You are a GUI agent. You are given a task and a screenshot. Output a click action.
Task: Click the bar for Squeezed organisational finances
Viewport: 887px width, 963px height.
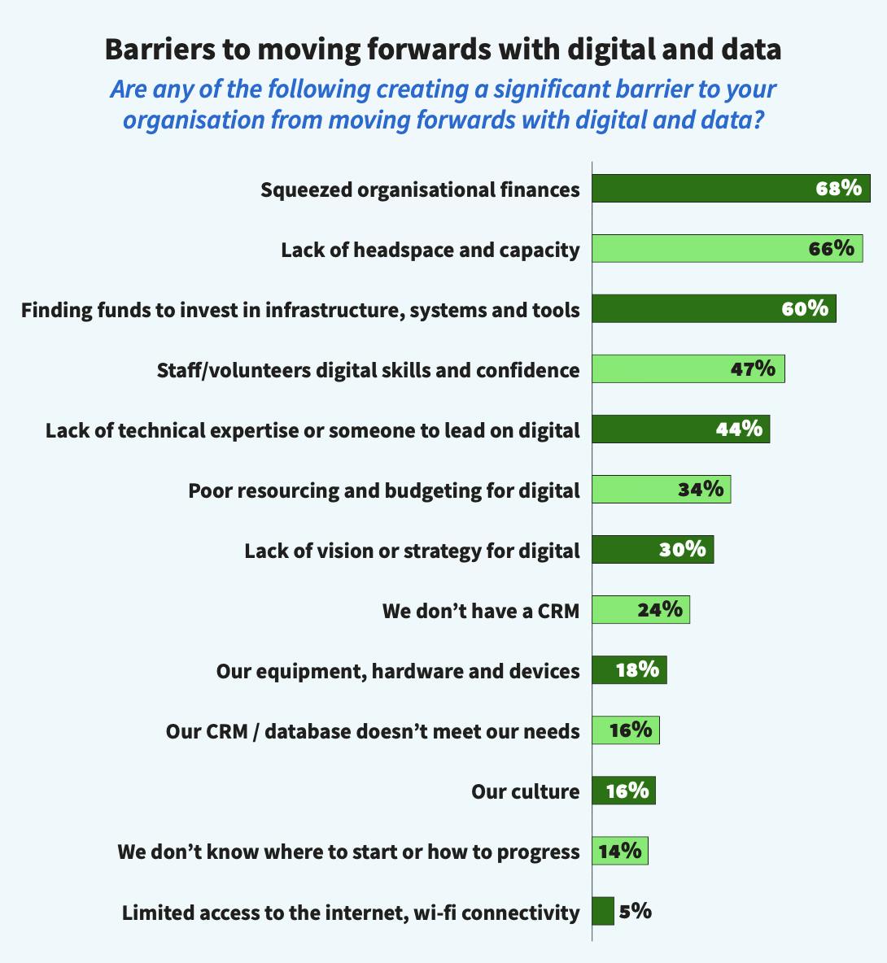coord(700,189)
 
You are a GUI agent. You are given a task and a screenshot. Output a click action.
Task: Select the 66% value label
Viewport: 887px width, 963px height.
coord(831,248)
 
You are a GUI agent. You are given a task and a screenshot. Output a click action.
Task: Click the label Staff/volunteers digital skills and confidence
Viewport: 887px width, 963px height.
coord(368,370)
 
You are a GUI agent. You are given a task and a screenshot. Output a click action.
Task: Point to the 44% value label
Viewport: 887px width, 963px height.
coord(739,429)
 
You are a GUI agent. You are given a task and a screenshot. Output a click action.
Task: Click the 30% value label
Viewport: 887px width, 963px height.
coord(682,549)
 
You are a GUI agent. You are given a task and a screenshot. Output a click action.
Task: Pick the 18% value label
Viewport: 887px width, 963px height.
coord(637,669)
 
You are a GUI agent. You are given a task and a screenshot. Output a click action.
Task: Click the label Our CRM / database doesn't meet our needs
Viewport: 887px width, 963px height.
coord(373,731)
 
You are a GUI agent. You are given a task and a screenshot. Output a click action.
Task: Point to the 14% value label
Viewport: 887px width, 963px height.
coord(620,852)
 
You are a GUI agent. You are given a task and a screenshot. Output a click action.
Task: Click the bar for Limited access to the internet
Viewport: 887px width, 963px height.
coord(602,911)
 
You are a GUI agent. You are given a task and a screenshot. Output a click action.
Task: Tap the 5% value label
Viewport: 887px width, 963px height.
coord(635,911)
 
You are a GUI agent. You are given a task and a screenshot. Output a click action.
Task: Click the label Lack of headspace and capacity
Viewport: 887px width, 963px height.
coord(430,250)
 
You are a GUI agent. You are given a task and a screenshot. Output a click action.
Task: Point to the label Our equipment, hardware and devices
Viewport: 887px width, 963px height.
coord(398,671)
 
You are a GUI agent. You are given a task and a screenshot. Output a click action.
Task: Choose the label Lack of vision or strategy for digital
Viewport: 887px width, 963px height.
coord(412,551)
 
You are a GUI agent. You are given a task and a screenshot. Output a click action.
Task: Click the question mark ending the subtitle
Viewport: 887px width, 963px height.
coord(758,120)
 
